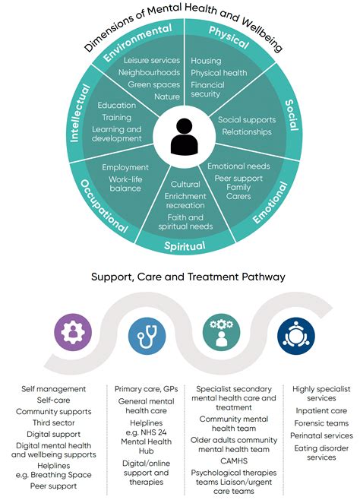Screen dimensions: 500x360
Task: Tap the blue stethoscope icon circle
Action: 147,331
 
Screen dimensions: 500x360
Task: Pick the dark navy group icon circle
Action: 295,331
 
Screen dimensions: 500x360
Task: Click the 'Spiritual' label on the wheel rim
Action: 185,245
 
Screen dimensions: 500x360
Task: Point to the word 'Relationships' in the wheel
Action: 246,132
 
